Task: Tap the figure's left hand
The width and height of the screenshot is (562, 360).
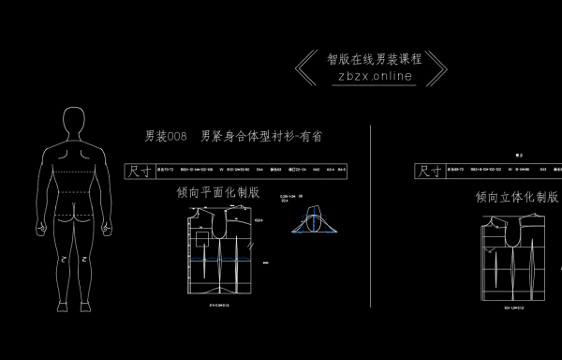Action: [38, 228]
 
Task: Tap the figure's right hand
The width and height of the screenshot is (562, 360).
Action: [109, 228]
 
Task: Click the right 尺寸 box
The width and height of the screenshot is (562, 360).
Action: [430, 171]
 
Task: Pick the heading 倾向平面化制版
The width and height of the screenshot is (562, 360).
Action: [218, 192]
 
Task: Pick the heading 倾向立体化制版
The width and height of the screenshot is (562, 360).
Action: [516, 197]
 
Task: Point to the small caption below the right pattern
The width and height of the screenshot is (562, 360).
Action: [514, 306]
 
